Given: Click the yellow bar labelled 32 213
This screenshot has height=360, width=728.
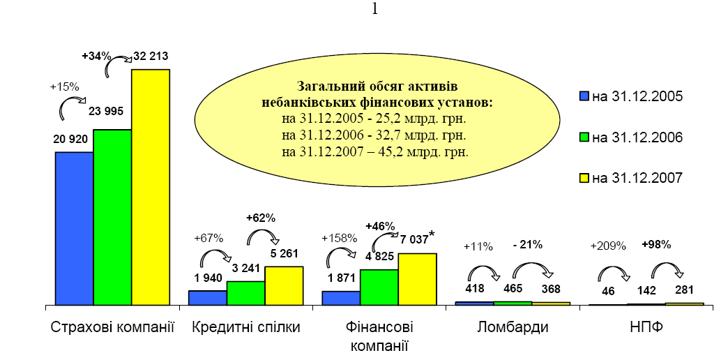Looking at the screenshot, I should point(151,187).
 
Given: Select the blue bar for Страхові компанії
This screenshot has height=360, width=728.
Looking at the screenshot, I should point(75,228).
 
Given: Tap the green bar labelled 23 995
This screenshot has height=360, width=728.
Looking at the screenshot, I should point(112,217).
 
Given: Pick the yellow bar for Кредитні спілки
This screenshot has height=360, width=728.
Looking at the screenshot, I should point(284,285).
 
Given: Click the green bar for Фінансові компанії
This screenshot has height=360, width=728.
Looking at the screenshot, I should point(379,287).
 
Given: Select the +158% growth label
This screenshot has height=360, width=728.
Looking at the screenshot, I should point(338,238).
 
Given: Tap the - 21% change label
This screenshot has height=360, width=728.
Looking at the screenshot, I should point(527,245).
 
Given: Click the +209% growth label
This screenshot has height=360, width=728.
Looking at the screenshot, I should point(608,246).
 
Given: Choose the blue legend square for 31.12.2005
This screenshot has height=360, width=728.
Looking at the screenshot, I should point(584,96).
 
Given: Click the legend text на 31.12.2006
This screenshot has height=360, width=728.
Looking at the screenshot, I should point(637,137).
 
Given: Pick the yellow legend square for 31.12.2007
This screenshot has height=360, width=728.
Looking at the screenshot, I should point(584,178).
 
